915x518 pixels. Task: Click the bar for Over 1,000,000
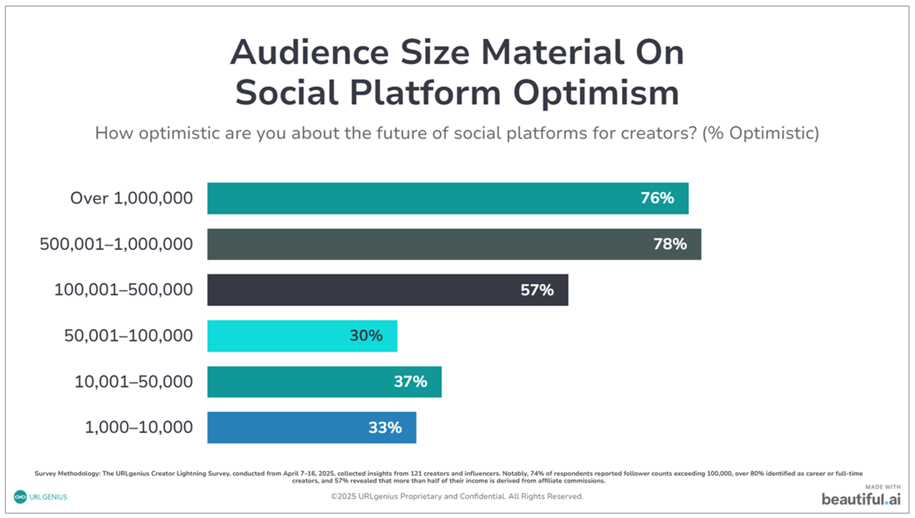(x=408, y=198)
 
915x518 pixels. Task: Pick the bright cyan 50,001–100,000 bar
(x=274, y=336)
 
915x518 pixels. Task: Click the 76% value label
(x=657, y=198)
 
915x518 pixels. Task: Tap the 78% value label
(x=670, y=244)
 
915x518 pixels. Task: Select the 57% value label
(x=537, y=290)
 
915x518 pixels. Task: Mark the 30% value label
(x=366, y=336)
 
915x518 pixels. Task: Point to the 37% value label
(x=410, y=382)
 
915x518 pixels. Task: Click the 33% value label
(x=385, y=428)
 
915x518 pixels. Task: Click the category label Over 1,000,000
(x=131, y=198)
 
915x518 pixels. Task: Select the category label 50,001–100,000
(x=128, y=336)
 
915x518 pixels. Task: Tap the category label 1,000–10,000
(x=139, y=427)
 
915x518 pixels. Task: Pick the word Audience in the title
(x=309, y=52)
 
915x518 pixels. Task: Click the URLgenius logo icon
(x=20, y=497)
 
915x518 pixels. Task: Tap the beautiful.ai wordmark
(x=861, y=499)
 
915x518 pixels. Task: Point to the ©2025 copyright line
(x=457, y=496)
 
